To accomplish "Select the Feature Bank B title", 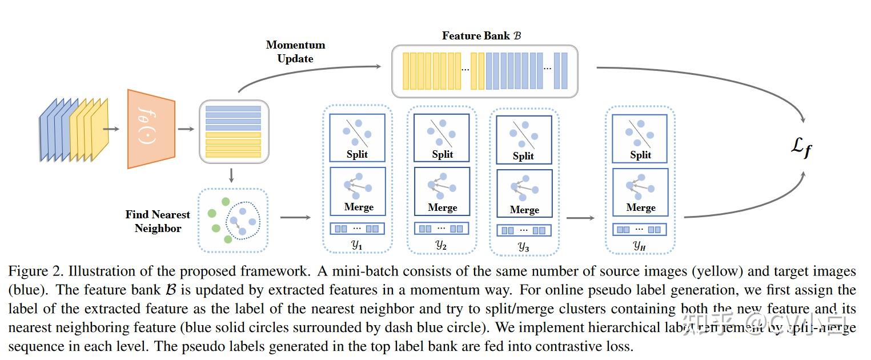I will [x=481, y=35].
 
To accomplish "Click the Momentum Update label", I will [x=295, y=51].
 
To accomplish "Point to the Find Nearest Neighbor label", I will [x=158, y=221].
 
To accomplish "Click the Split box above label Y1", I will [x=357, y=137].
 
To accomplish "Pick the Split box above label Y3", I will [x=523, y=139].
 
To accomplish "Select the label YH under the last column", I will [x=640, y=246].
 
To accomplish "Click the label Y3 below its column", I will [x=523, y=247].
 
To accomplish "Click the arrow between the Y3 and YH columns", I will [x=580, y=218].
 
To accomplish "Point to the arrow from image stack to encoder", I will [x=111, y=129].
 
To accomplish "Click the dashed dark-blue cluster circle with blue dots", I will [x=242, y=219].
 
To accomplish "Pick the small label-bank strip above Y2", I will [x=441, y=229].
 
